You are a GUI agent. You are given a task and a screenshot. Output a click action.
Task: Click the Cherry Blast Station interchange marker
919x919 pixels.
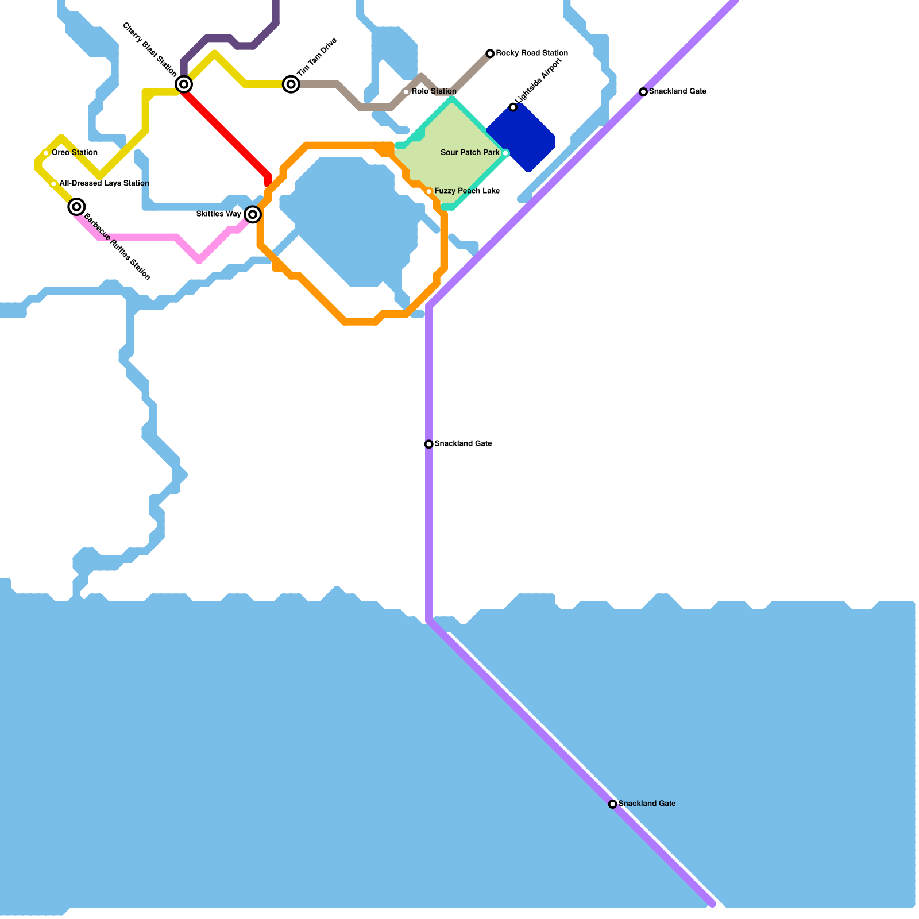point(184,84)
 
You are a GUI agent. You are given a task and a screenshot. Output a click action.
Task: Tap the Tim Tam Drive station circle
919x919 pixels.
point(291,85)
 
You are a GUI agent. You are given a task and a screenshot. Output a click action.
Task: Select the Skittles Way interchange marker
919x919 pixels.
point(253,214)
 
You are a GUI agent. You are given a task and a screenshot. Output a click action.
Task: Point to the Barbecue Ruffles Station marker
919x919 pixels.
point(77,207)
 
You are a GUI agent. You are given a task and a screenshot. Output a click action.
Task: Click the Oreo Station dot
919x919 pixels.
point(46,153)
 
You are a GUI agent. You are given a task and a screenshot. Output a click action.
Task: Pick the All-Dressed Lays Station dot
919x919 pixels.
point(54,184)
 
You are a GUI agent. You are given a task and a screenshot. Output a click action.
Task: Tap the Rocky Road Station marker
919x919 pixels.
point(490,53)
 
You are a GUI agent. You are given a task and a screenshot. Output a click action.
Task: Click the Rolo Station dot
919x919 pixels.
point(406,92)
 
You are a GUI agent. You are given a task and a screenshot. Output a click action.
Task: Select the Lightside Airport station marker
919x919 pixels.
point(513,107)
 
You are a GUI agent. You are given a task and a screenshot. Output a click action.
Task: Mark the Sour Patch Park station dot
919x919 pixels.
point(505,153)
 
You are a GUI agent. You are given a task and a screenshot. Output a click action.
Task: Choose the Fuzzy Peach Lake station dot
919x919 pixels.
point(428,191)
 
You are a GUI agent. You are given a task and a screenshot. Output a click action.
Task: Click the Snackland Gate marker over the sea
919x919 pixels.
point(613,804)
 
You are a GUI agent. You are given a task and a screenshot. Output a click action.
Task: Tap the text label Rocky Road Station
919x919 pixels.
point(532,53)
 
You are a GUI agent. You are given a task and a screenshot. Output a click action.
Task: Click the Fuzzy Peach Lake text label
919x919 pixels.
point(467,191)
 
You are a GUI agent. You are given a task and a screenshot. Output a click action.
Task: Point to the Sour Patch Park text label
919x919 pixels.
point(470,153)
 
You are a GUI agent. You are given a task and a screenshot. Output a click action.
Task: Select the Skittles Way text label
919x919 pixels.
point(218,214)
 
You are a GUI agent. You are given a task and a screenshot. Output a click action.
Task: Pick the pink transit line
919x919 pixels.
point(144,237)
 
